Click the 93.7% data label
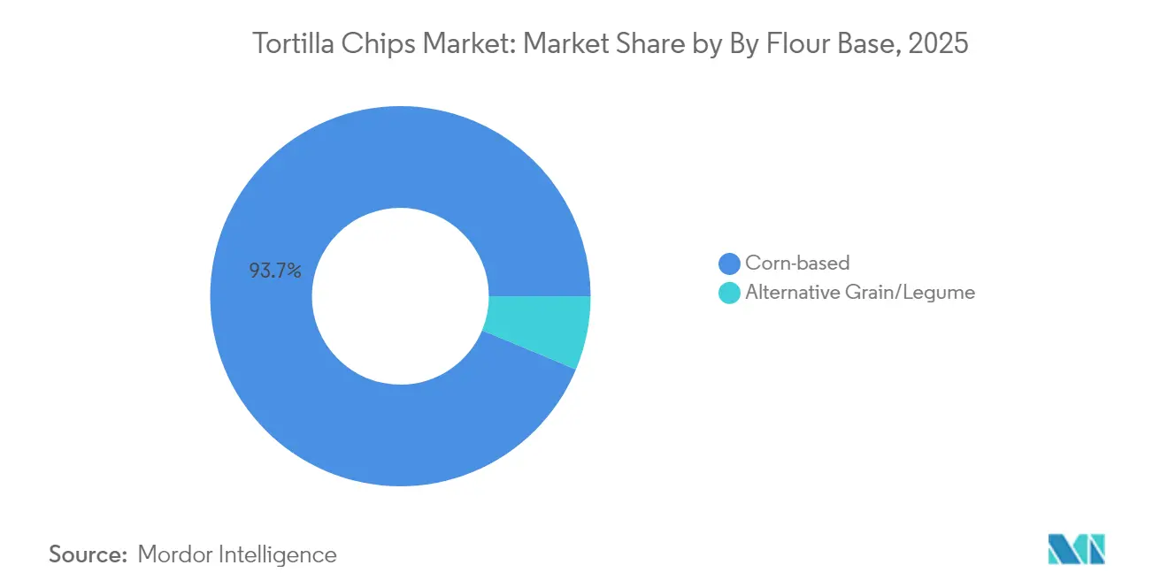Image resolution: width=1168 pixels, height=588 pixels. coord(275,271)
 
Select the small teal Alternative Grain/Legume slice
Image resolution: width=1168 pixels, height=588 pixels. coord(540,331)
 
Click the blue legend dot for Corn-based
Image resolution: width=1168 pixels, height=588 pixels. coord(729,263)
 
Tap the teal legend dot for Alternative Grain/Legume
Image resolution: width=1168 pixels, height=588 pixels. coord(729,293)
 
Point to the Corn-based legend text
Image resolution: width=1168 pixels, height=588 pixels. coord(796,263)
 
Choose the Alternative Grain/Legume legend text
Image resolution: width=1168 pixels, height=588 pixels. coord(859,293)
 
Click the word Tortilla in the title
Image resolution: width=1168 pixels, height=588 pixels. coord(293,43)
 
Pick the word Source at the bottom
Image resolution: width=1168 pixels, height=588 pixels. coord(87,554)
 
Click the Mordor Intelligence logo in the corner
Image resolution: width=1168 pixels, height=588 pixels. coord(1076,549)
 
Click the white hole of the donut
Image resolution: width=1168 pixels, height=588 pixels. coord(400,296)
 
